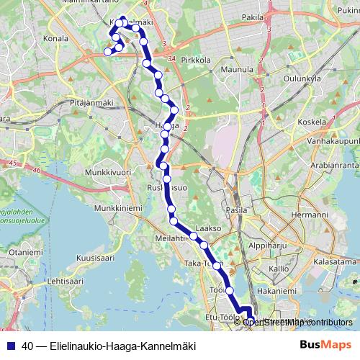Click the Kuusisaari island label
tap(95, 256)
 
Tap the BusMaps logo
tap(320, 346)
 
